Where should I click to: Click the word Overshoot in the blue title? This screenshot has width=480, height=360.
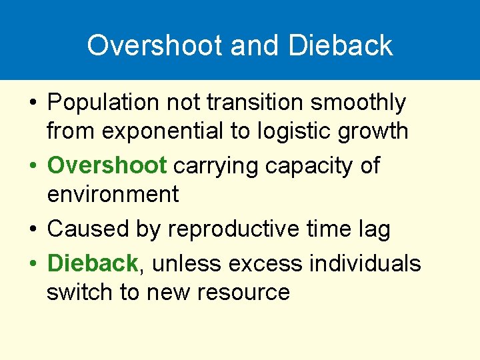click(x=155, y=45)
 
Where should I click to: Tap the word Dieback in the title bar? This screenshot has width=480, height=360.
click(x=341, y=45)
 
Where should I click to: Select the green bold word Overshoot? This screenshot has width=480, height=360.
click(x=107, y=165)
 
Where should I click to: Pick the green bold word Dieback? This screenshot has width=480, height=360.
click(x=92, y=263)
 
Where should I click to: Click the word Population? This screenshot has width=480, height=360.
click(x=103, y=103)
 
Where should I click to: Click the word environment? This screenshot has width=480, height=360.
click(x=113, y=195)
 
